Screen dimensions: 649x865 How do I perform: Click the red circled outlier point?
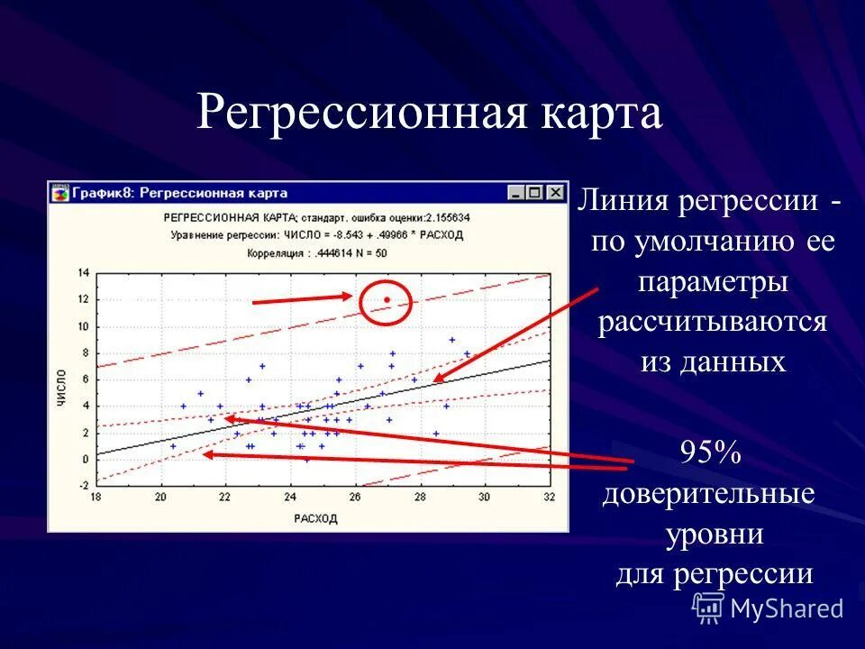point(387,299)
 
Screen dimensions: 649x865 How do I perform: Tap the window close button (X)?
point(555,193)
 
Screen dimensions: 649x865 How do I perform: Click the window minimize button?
point(515,193)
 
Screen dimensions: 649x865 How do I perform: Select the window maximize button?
point(535,193)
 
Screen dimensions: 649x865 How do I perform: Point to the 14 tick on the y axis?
point(84,272)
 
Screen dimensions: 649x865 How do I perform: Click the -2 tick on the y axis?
point(84,486)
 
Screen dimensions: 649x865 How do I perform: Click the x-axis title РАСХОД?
point(315,518)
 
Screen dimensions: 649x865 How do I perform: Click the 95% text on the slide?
point(711,453)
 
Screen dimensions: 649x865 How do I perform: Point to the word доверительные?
point(709,494)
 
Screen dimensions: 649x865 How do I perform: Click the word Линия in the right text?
point(623,201)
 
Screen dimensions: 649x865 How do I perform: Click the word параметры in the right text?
point(713,281)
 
